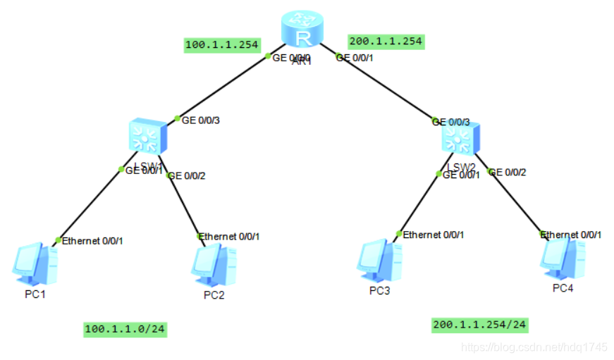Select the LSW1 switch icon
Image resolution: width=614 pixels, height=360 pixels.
point(148,136)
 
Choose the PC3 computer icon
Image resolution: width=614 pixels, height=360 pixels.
point(379,261)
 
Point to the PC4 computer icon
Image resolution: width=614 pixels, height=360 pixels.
point(563,259)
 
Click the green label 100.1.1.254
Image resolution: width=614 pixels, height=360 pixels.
point(221,45)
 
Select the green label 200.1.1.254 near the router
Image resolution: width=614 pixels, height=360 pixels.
point(386,42)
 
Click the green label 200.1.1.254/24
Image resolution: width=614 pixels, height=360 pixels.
point(479,325)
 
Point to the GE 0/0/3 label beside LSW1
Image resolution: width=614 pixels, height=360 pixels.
point(201,120)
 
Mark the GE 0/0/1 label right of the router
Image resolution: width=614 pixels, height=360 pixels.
point(355,58)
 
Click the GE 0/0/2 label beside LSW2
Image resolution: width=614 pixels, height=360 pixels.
point(508,172)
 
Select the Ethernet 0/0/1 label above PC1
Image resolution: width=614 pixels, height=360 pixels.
point(92,241)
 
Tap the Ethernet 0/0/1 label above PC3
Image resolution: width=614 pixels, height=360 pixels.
point(434,235)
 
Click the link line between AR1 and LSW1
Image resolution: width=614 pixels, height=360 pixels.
point(222,86)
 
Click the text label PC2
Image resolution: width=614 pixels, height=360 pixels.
point(214,294)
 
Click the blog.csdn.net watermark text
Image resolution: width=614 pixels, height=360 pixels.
point(534,347)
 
